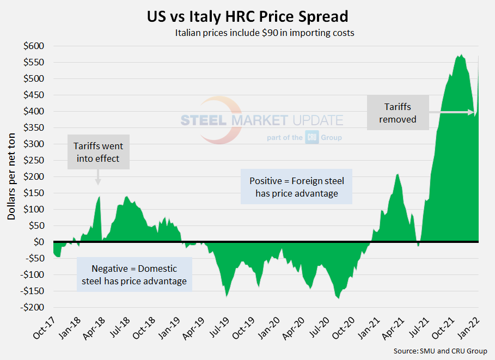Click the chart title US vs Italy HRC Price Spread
247,15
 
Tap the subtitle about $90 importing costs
265,33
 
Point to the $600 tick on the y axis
34,46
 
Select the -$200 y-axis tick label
32,307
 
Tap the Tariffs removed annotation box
398,113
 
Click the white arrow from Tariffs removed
452,113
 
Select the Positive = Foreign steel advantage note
297,186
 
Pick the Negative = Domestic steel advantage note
135,275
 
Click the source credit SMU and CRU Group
440,351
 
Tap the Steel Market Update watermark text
261,120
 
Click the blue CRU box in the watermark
312,138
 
